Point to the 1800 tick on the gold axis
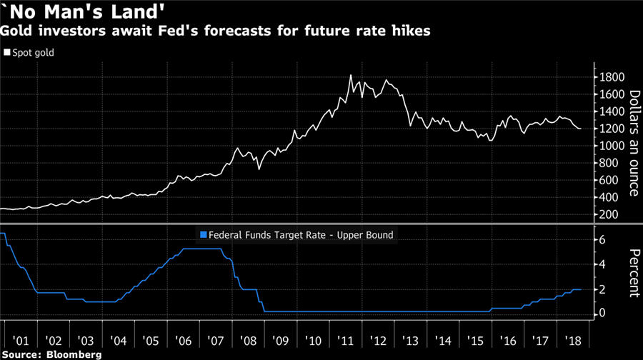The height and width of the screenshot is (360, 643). (611, 77)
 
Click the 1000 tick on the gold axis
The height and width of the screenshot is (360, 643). (611, 146)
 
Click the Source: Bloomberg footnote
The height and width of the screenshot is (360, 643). (51, 354)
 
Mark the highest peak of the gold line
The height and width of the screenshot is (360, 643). (351, 75)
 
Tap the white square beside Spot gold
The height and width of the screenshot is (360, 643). (8, 52)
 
